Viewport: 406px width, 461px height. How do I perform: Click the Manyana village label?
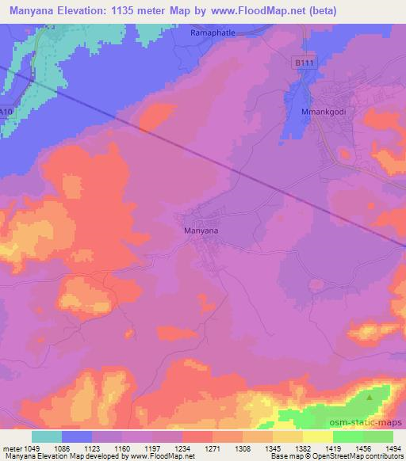(x=201, y=230)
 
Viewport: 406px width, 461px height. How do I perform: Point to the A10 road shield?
(x=6, y=112)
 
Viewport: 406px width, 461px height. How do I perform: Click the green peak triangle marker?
(x=369, y=397)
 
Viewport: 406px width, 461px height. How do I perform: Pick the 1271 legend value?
(x=212, y=448)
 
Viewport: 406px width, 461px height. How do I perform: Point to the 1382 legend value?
(x=302, y=448)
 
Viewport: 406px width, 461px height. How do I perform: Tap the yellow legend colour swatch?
(x=317, y=436)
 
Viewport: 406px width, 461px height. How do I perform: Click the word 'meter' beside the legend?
(x=10, y=448)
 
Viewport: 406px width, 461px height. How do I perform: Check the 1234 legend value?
(x=182, y=448)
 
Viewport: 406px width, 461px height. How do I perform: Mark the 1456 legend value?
(x=362, y=448)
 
